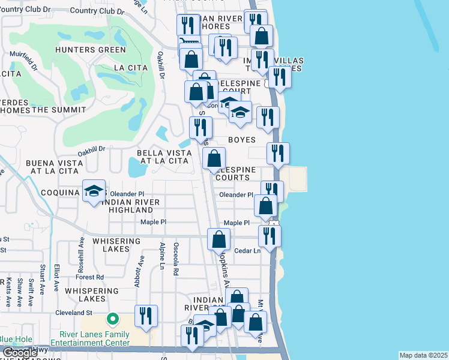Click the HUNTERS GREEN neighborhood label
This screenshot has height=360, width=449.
[84, 50]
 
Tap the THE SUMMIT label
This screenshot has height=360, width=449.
[59, 109]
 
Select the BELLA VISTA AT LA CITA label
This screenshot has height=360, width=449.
[164, 157]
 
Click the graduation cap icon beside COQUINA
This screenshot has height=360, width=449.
[94, 191]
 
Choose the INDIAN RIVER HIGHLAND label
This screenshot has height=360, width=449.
[130, 206]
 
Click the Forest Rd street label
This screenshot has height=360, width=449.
[90, 277]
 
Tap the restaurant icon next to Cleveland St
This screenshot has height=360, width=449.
[146, 316]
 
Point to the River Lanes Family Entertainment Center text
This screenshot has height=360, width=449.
[94, 338]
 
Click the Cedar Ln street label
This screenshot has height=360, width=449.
[247, 251]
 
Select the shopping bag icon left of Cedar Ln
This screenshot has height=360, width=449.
[219, 239]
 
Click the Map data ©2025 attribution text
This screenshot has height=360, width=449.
[423, 355]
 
